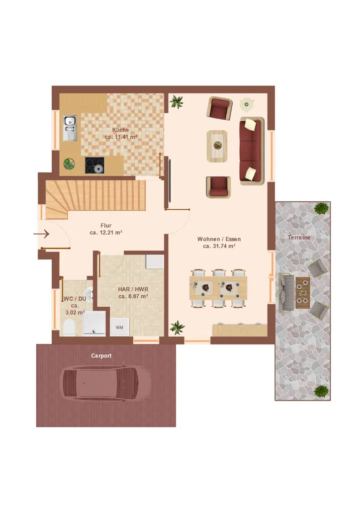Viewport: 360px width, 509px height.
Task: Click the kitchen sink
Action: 70,128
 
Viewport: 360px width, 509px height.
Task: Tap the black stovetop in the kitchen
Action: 95,165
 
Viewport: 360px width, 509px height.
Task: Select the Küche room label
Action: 120,130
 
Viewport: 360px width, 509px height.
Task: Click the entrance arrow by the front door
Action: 41,234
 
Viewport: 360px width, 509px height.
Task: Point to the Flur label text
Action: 106,225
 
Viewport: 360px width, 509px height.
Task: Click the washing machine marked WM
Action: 119,327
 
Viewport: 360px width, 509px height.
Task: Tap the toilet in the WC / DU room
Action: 69,327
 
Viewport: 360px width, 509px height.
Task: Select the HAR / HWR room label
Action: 133,289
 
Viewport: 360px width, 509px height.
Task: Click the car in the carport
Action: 105,383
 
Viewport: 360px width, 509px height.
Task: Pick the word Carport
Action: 101,356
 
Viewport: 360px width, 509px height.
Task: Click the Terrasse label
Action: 299,237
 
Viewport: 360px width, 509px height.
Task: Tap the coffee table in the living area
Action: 217,146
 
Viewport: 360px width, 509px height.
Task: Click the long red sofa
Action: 252,151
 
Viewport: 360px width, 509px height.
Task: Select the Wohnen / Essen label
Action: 219,239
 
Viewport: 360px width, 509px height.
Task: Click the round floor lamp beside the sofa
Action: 247,104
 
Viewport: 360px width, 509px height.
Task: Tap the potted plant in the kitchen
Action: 69,164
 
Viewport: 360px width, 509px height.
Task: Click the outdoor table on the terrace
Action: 302,293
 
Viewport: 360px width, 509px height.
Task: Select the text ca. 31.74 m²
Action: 219,247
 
